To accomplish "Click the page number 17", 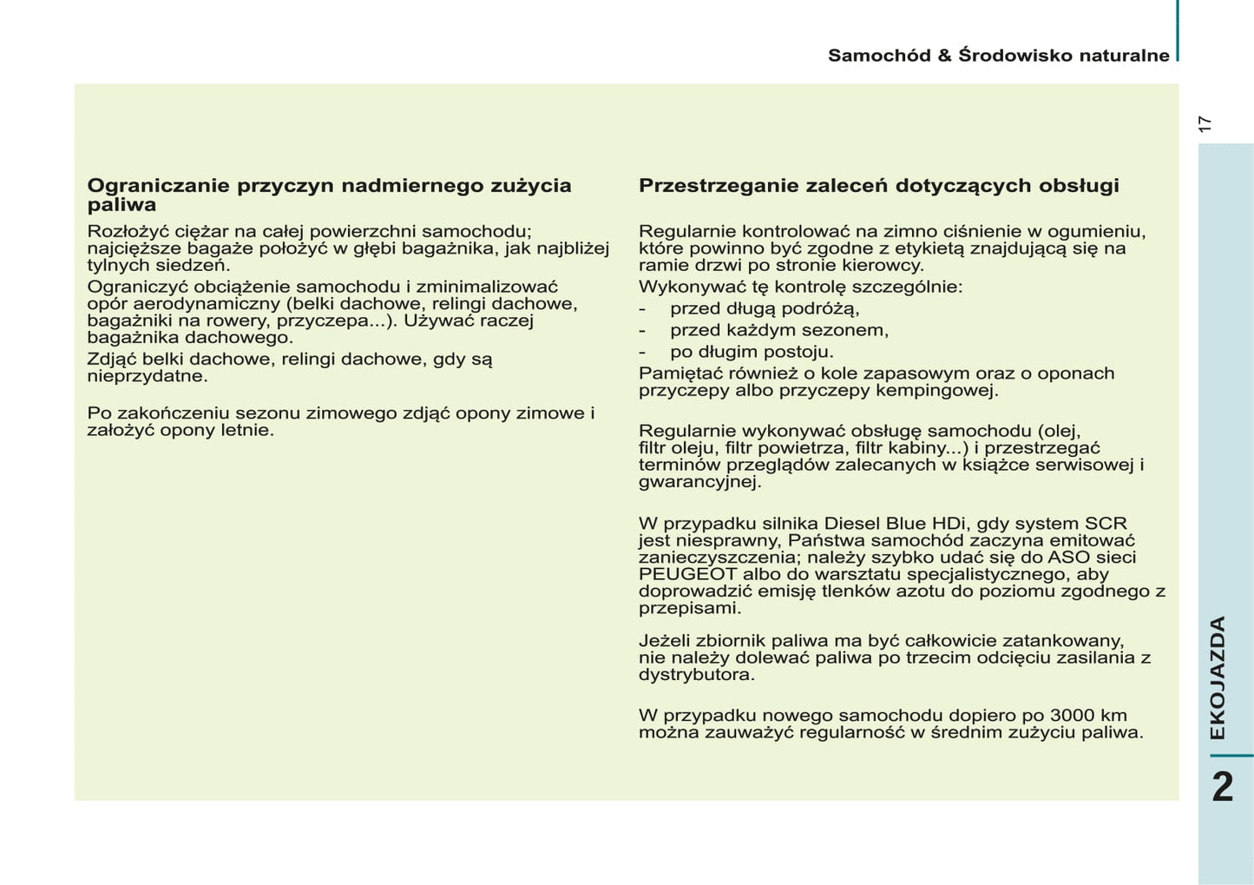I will [1204, 124].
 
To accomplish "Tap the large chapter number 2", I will [1222, 788].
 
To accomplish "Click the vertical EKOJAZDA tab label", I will [1218, 677].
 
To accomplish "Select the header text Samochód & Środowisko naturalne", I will [998, 56].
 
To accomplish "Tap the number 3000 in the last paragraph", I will [1072, 716].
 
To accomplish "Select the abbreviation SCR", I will [1106, 524].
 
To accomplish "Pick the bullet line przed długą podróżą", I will [764, 309].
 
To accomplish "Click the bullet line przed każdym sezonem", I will [778, 331].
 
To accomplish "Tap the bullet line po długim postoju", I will [751, 353].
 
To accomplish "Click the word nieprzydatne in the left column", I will [147, 377].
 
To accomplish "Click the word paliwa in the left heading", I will [121, 206].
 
